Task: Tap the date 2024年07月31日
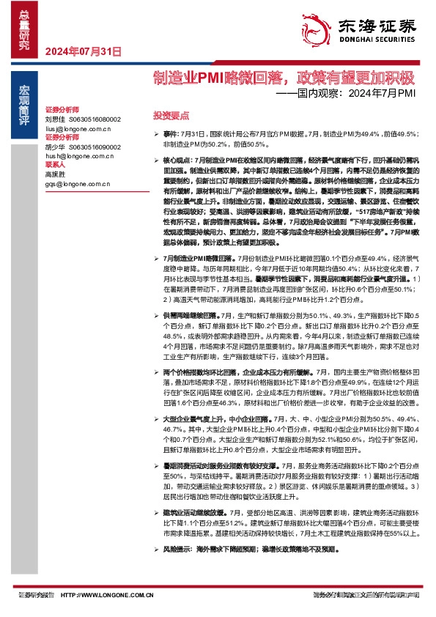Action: tap(82, 51)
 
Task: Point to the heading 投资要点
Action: tap(171, 116)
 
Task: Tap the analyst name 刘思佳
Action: tap(55, 119)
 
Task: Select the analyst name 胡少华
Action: tap(55, 146)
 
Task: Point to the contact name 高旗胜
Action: tap(55, 174)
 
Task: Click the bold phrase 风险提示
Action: tap(177, 548)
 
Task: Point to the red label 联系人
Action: tap(56, 165)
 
